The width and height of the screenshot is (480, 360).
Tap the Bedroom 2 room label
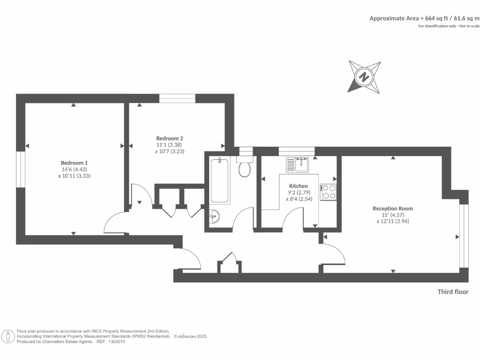pyautogui.click(x=170, y=138)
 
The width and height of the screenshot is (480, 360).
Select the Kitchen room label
pyautogui.click(x=299, y=186)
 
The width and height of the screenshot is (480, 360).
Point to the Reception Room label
pyautogui.click(x=393, y=209)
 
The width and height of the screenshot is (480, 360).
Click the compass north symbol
pyautogui.click(x=364, y=76)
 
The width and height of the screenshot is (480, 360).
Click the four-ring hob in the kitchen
pyautogui.click(x=328, y=192)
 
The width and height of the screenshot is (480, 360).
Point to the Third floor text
pyautogui.click(x=453, y=292)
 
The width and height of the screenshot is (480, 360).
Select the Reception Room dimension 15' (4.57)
pyautogui.click(x=393, y=215)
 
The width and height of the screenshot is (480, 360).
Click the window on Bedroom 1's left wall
pyautogui.click(x=20, y=169)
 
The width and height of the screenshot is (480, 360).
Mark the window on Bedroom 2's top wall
pyautogui.click(x=177, y=98)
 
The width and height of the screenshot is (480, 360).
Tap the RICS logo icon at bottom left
pyautogui.click(x=7, y=336)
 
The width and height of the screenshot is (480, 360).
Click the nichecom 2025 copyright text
pyautogui.click(x=190, y=337)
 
